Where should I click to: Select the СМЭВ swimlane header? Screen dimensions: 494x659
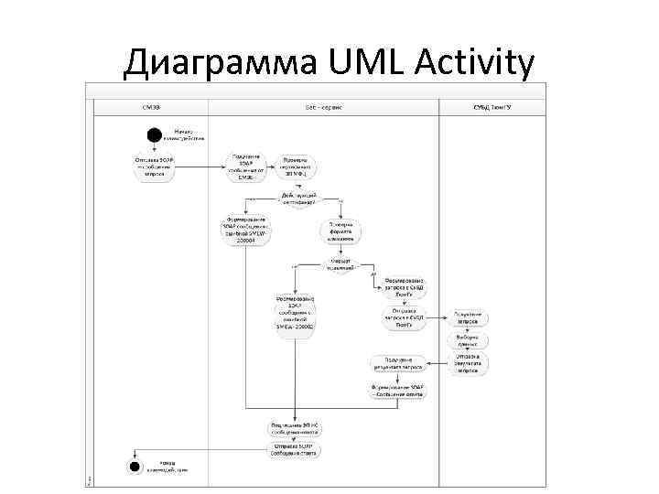(152, 107)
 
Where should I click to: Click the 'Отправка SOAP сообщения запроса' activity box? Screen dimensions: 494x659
(152, 167)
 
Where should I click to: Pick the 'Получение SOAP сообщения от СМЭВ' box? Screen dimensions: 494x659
(246, 167)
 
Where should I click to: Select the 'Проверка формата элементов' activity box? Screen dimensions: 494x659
(342, 231)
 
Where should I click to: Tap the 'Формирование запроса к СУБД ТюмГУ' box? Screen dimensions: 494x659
(404, 288)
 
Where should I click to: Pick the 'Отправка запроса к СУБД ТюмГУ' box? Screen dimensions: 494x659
(404, 318)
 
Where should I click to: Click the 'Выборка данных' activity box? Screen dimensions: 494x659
(468, 340)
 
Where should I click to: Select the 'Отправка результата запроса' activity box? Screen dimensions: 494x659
(468, 363)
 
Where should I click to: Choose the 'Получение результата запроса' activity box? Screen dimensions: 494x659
(399, 363)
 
